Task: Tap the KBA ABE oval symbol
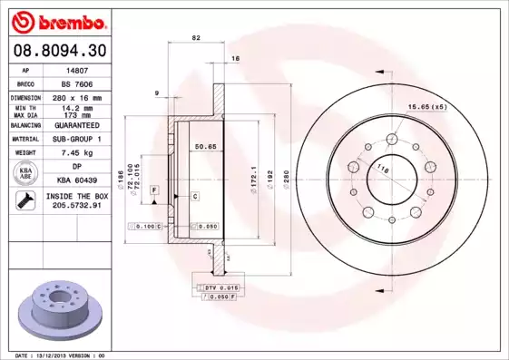click(x=27, y=172)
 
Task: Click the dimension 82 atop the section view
click(x=195, y=38)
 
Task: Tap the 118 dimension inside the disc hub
click(x=382, y=170)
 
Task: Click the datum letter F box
click(x=155, y=189)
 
